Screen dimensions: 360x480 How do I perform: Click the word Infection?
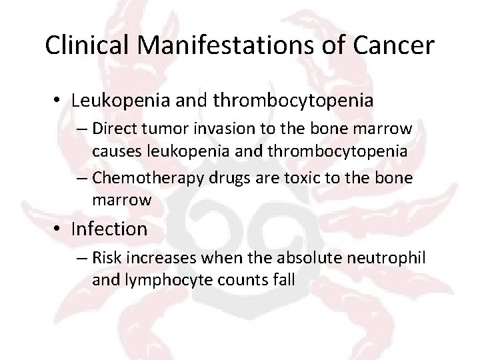(109, 229)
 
